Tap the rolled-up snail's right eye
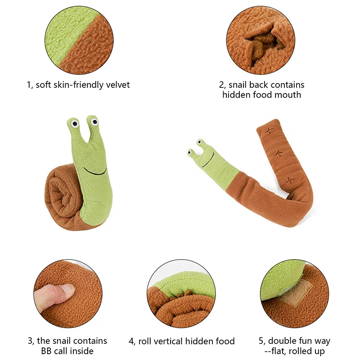tap(94, 121)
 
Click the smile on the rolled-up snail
tap(95, 171)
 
